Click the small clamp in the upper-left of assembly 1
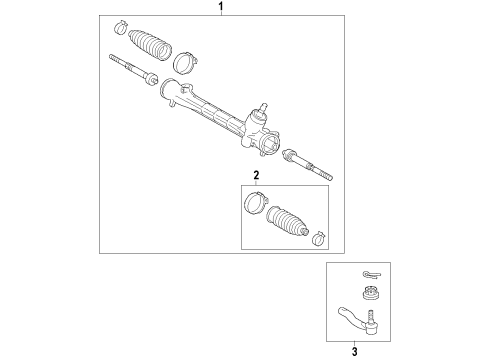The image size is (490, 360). (x=120, y=24)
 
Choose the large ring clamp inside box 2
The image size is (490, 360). (x=253, y=206)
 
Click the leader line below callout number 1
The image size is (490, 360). (x=221, y=15)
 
